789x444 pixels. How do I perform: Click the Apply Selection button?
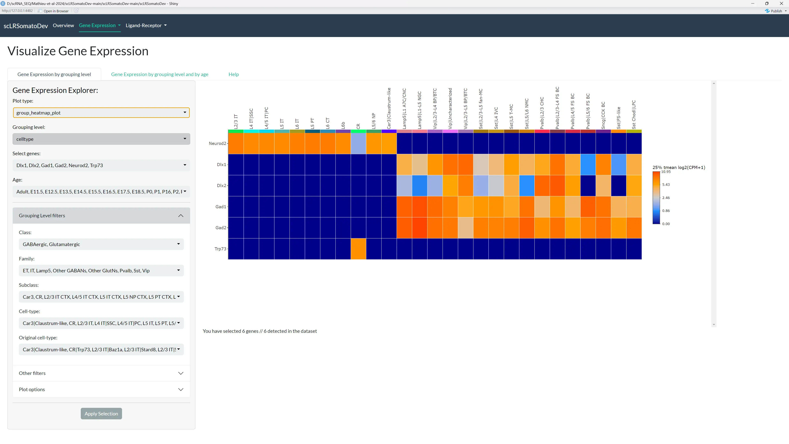click(101, 413)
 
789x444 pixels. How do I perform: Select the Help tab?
click(233, 74)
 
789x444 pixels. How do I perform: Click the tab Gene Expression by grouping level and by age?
click(160, 74)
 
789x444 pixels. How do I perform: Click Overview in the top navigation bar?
click(63, 25)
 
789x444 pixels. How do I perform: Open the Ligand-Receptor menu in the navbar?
click(146, 25)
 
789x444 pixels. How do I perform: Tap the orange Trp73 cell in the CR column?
click(358, 249)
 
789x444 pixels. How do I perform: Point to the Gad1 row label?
click(220, 207)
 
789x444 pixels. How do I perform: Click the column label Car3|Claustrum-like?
click(389, 109)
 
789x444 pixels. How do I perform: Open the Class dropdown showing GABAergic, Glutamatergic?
click(101, 244)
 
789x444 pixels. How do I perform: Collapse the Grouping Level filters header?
click(101, 215)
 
